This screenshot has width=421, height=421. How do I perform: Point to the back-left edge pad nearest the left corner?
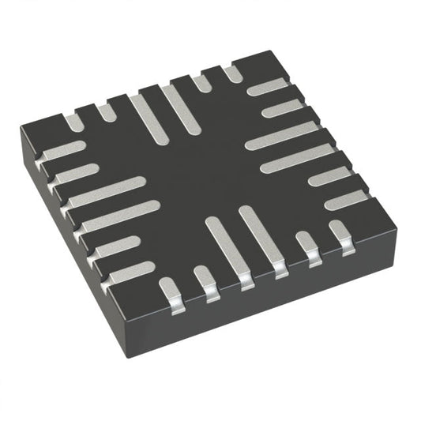72,122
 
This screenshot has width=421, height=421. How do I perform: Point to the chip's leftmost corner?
23,128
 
